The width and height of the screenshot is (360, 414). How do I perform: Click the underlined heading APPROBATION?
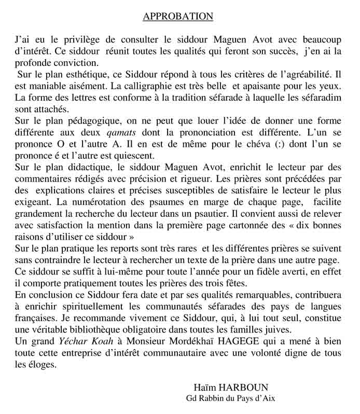pos(178,17)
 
